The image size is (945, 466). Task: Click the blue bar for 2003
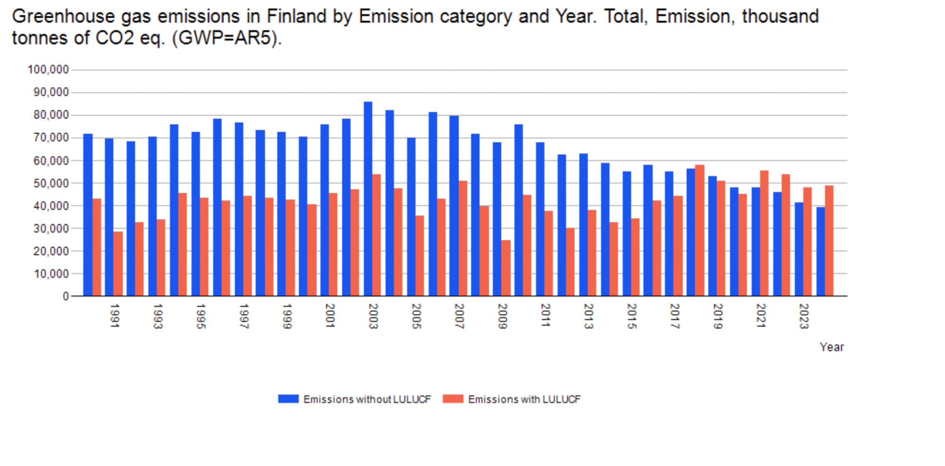tap(368, 199)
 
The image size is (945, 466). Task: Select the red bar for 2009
tap(506, 268)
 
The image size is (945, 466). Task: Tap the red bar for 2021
tap(765, 233)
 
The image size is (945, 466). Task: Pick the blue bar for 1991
tap(109, 217)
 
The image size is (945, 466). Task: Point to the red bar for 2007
tap(463, 239)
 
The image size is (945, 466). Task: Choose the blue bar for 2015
tap(627, 234)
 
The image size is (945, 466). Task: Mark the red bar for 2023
tap(808, 242)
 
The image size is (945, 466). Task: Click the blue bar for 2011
tap(540, 219)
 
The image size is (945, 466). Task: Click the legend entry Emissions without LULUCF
tap(355, 399)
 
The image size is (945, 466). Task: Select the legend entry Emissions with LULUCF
tap(512, 399)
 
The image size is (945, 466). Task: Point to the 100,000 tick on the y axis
tap(48, 70)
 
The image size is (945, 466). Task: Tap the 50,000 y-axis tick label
tap(51, 183)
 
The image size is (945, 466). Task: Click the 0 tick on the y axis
tap(66, 296)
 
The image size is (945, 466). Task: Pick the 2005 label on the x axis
tap(416, 316)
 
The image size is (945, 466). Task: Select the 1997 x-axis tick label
tap(244, 316)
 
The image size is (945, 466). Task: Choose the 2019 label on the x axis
tap(718, 316)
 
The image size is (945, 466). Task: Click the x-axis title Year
tap(832, 347)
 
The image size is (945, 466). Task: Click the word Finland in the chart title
tap(296, 17)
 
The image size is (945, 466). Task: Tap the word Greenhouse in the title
tap(63, 17)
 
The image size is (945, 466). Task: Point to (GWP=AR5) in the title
tap(227, 38)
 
